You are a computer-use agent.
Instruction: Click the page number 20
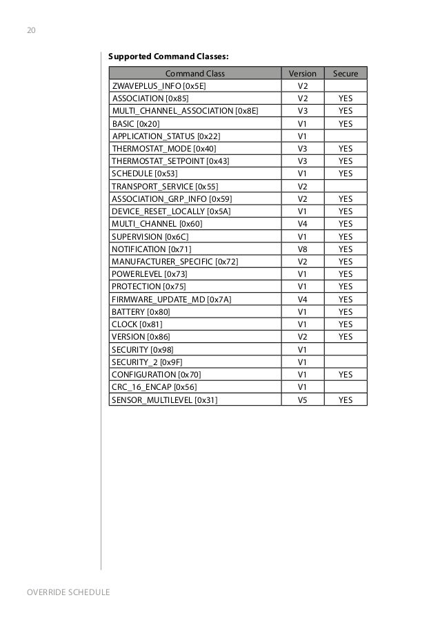pos(32,31)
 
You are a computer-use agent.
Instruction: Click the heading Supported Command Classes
pos(168,56)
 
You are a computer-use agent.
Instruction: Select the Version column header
pos(302,73)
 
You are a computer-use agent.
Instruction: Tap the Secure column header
pos(346,73)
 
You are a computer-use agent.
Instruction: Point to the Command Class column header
pos(194,73)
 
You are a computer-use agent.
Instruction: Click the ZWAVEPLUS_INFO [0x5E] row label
pos(159,86)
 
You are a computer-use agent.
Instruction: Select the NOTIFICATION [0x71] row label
pos(152,249)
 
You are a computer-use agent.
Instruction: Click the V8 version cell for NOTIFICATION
pos(302,249)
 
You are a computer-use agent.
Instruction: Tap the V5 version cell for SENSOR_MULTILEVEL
pos(302,400)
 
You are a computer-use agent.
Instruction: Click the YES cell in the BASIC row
pos(346,123)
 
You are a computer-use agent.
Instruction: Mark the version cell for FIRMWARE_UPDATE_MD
pos(302,299)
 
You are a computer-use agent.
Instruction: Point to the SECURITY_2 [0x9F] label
pos(146,362)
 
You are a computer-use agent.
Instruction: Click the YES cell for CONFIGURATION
pos(346,374)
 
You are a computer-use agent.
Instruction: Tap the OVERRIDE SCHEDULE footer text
pos(68,592)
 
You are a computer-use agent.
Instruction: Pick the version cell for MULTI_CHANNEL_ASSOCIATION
pos(302,111)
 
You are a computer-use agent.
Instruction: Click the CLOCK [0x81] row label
pos(137,324)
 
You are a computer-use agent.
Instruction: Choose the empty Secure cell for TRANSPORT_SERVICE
pos(346,186)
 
